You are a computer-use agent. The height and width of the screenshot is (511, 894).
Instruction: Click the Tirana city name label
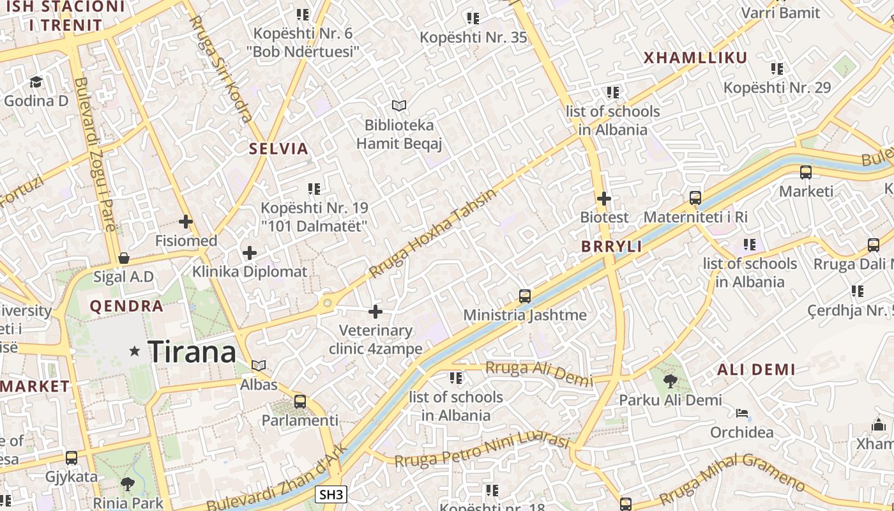192,352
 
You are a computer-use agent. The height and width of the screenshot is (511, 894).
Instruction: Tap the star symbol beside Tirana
135,351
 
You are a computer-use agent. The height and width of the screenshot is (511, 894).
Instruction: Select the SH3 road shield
331,494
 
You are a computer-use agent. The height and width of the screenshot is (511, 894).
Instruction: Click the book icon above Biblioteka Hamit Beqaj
399,105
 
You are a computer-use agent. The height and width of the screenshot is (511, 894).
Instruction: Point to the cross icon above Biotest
603,199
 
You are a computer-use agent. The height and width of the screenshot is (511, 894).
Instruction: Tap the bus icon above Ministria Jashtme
525,296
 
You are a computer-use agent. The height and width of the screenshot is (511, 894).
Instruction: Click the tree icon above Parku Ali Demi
670,381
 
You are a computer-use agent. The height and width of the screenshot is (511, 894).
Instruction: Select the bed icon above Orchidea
741,413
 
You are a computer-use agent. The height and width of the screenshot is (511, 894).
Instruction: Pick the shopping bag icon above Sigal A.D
124,258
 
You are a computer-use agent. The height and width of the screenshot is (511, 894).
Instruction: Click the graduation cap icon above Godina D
36,82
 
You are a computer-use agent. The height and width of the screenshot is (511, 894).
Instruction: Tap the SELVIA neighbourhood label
278,149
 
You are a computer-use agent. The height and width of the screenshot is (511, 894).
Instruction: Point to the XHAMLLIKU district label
695,58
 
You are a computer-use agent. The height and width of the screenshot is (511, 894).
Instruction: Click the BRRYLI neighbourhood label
611,247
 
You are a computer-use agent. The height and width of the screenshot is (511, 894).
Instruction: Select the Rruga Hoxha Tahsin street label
432,233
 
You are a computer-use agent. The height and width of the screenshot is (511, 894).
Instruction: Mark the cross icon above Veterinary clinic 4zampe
375,312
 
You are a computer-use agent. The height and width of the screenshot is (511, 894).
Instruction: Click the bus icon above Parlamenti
300,402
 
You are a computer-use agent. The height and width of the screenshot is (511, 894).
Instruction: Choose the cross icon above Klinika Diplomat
250,253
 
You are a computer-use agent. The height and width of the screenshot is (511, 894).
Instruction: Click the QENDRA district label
126,306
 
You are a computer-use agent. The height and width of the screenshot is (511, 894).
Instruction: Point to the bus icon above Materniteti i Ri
695,198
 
